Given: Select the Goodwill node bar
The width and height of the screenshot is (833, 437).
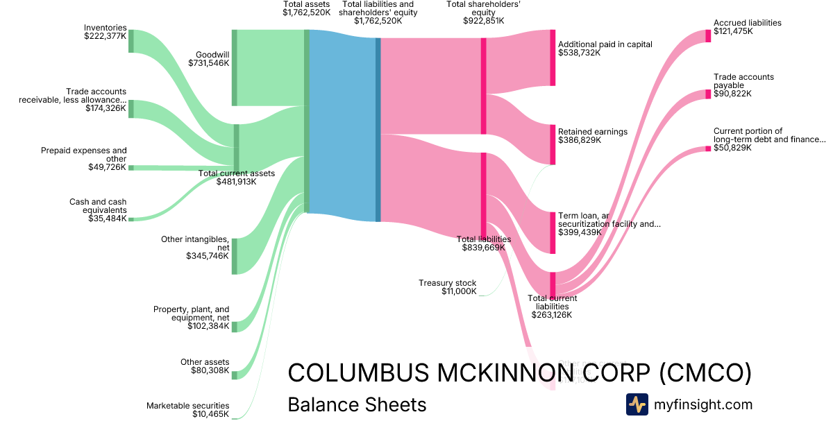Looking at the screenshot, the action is click(235, 68).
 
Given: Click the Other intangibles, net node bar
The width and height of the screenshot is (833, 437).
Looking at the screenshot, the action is click(235, 256).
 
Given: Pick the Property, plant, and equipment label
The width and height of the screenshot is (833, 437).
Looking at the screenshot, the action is click(191, 314).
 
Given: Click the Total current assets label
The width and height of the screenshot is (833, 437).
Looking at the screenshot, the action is click(237, 173).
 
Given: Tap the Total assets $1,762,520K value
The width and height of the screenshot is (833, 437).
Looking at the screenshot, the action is click(306, 12).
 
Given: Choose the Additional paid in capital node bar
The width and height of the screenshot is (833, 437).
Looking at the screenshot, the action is click(553, 58).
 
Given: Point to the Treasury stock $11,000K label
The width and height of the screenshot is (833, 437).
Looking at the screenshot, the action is click(448, 287).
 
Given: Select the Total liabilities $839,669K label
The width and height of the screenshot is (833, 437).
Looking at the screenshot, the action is click(484, 243).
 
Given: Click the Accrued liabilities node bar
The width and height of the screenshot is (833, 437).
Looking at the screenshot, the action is click(708, 36).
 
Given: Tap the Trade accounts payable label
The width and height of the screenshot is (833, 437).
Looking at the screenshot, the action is click(743, 81).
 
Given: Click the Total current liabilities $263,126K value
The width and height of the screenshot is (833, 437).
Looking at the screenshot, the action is click(552, 315).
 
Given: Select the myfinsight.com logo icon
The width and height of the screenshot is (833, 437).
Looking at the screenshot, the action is click(637, 404).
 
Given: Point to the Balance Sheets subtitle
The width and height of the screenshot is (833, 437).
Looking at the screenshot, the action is click(357, 404).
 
